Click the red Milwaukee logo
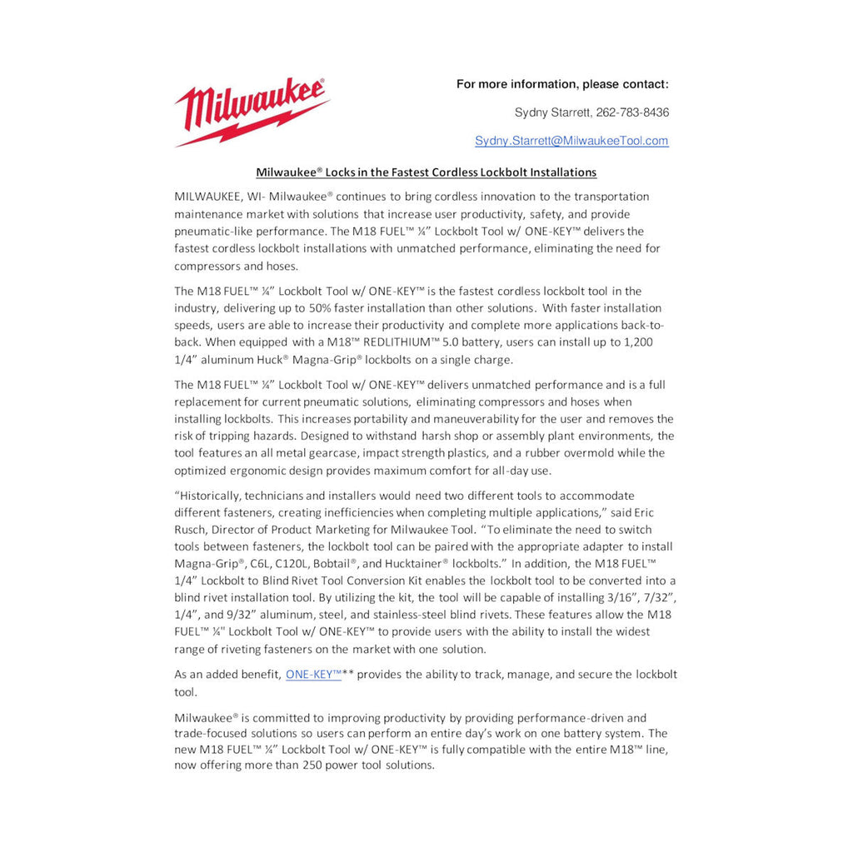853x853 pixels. (x=251, y=112)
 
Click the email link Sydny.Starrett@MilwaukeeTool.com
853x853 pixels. (x=571, y=141)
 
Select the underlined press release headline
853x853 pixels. (x=426, y=172)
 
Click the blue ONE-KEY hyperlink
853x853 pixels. (x=313, y=675)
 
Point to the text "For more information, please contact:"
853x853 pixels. (x=562, y=84)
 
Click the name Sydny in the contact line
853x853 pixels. (x=531, y=112)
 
